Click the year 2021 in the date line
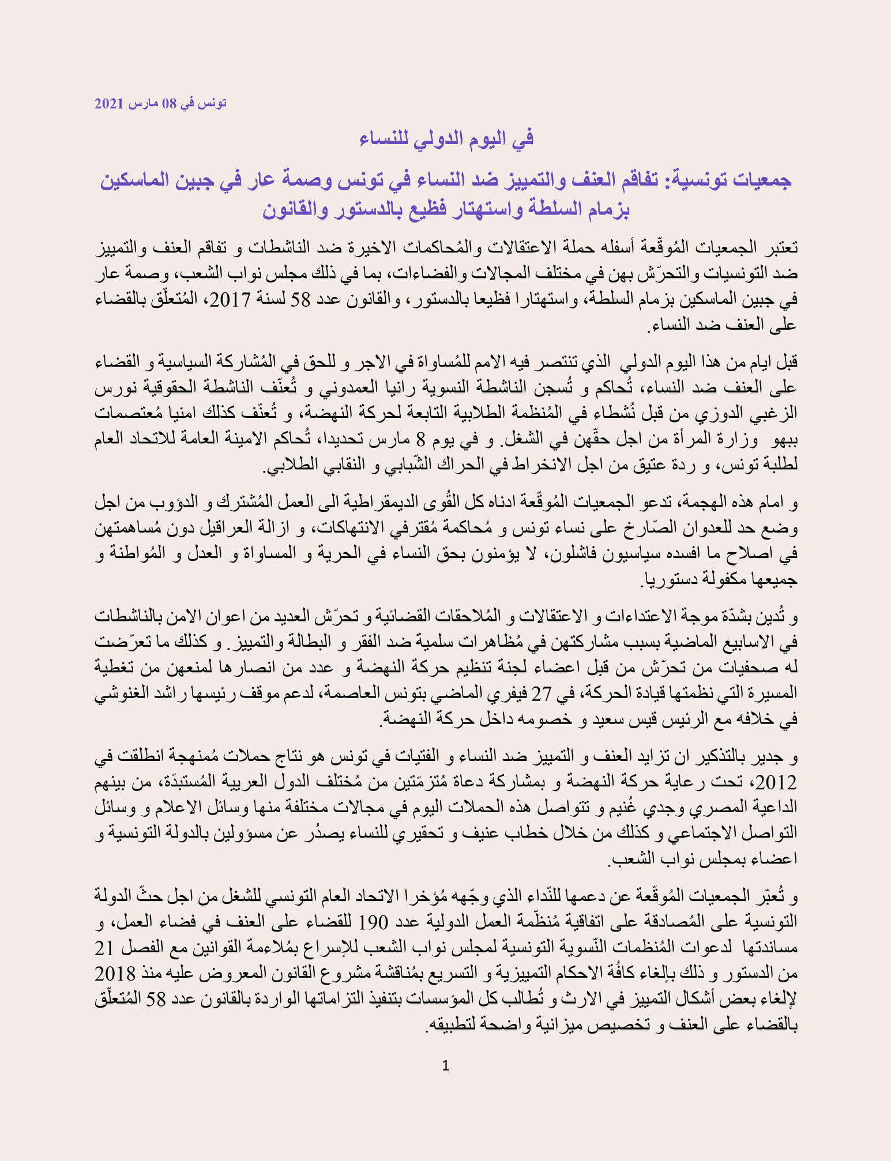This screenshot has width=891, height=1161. (x=109, y=104)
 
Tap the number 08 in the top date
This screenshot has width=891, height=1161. (x=168, y=104)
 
